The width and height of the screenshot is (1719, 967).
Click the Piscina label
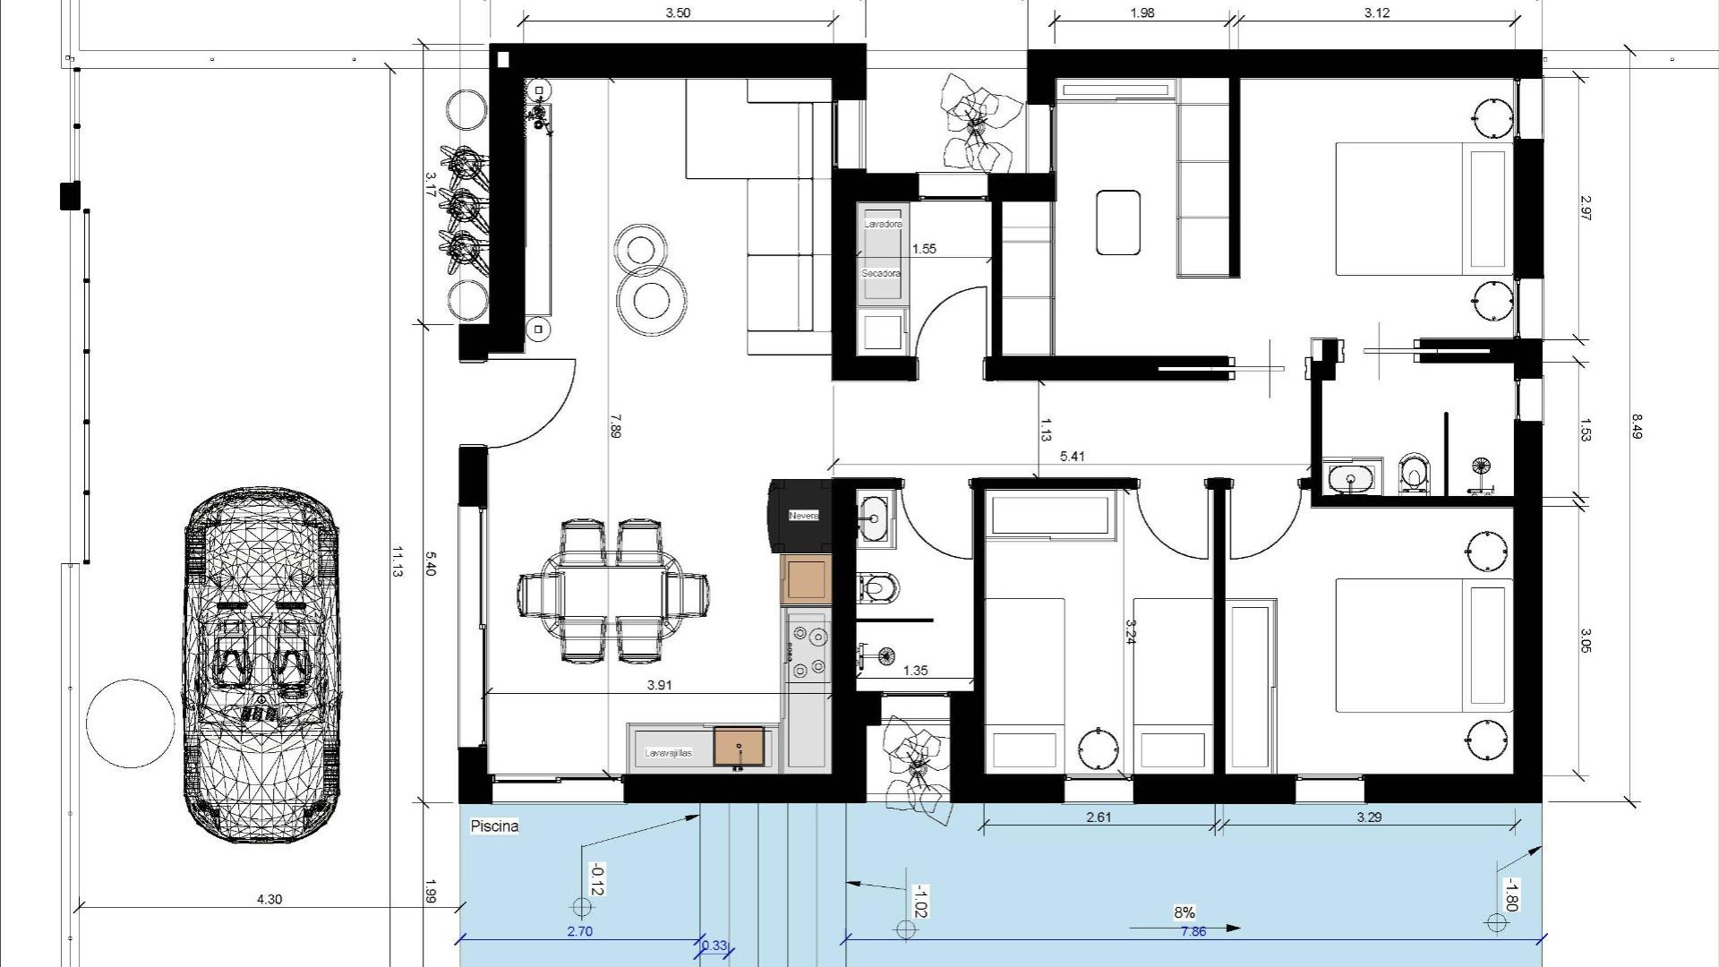coord(494,826)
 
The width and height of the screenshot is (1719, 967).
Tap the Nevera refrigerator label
coord(803,516)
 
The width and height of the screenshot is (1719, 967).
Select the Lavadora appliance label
coord(883,224)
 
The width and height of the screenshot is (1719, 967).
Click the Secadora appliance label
coord(881,273)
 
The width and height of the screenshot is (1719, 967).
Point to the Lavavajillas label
coord(669,754)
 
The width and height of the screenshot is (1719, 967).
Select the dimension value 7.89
coord(614,425)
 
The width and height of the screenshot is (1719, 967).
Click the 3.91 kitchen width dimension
coord(659,685)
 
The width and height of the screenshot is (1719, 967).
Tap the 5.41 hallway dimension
coord(1072,457)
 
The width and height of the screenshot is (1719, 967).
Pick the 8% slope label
coord(1184,912)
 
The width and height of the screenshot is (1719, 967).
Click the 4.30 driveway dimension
coord(269,899)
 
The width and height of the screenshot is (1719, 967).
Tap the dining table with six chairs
coord(614,592)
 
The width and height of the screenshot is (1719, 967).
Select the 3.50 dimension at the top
coord(678,13)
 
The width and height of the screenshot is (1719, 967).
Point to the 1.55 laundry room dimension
coord(923,249)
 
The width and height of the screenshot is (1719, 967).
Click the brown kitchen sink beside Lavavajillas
coord(739,747)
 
